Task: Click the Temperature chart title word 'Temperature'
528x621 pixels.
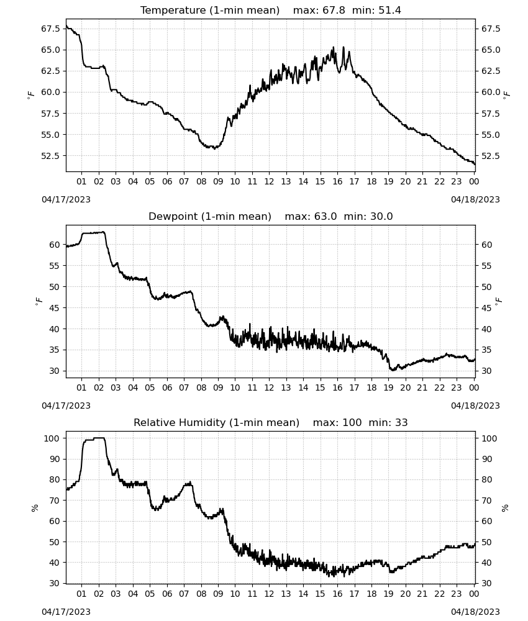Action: pyautogui.click(x=173, y=11)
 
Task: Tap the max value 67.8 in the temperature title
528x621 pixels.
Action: pyautogui.click(x=334, y=11)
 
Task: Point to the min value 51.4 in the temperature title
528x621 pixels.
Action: pyautogui.click(x=389, y=11)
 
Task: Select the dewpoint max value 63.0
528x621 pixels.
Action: pyautogui.click(x=325, y=217)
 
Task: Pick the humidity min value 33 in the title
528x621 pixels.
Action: pyautogui.click(x=401, y=422)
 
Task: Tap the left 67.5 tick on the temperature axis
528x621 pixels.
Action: pyautogui.click(x=51, y=29)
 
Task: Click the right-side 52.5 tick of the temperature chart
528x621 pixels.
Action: pyautogui.click(x=491, y=156)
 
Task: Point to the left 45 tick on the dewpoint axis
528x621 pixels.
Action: pyautogui.click(x=54, y=308)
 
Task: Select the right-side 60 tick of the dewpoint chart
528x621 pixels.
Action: pyautogui.click(x=486, y=245)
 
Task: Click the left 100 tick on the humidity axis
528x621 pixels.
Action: pyautogui.click(x=52, y=438)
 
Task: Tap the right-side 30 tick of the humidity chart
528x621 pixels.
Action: pyautogui.click(x=486, y=583)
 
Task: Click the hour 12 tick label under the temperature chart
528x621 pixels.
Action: pyautogui.click(x=269, y=181)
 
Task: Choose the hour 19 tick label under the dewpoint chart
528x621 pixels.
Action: pyautogui.click(x=388, y=388)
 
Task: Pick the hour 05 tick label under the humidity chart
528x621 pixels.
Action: pyautogui.click(x=150, y=594)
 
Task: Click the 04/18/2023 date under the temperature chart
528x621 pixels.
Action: pyautogui.click(x=475, y=199)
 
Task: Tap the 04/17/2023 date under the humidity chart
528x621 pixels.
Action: pyautogui.click(x=66, y=612)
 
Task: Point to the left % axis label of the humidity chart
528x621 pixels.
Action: pyautogui.click(x=35, y=508)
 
